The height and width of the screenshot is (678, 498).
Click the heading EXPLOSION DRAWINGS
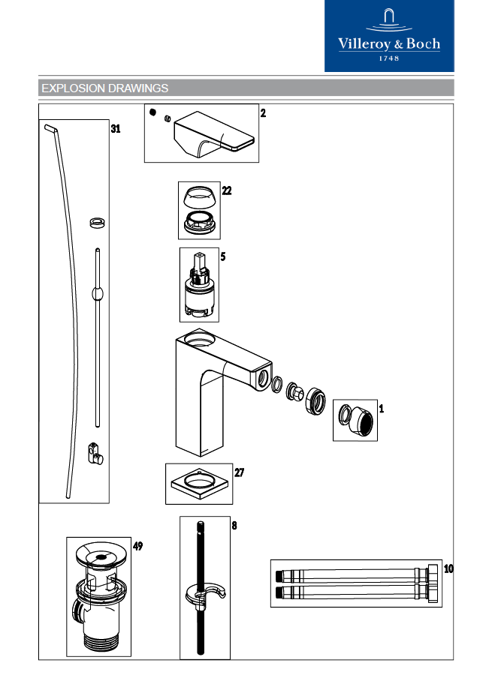point(104,88)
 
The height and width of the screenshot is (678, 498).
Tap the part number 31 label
point(115,129)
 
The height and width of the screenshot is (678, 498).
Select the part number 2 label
point(263,114)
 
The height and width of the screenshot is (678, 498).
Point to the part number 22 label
point(226,190)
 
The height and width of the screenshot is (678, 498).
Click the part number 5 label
point(222,256)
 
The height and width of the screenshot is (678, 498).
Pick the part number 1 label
point(381,409)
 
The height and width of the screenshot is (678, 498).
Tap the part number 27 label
point(239,472)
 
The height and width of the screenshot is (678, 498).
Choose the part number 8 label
point(234,526)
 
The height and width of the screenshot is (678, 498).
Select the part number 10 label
point(448,568)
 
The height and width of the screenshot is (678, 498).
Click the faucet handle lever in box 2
point(215,135)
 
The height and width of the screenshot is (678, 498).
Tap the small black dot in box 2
point(153,113)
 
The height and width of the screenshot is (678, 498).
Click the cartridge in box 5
point(199,289)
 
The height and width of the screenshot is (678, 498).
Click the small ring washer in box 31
point(95,222)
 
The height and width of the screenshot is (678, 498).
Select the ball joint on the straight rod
point(96,293)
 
